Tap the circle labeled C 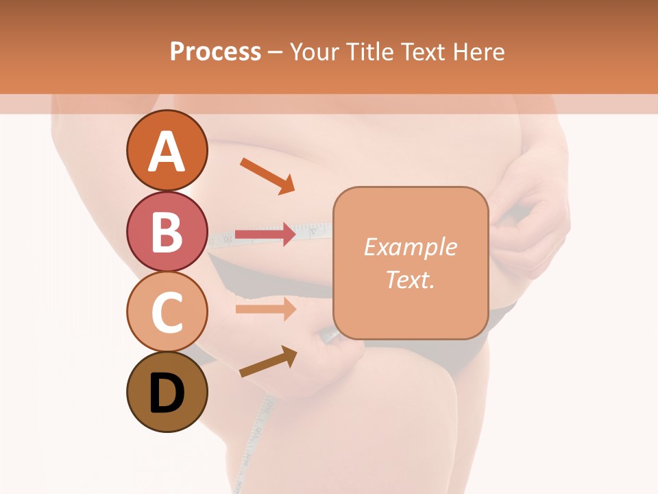click(x=167, y=312)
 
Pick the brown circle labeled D click(x=167, y=392)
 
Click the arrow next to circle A click(x=267, y=175)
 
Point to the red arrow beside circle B click(x=266, y=234)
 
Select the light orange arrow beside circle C click(x=266, y=309)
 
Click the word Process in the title click(x=215, y=51)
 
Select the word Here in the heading click(x=479, y=51)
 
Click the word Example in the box click(x=410, y=247)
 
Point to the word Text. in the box click(x=410, y=279)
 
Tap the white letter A click(x=167, y=151)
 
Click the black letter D click(x=167, y=394)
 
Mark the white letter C click(x=167, y=313)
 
